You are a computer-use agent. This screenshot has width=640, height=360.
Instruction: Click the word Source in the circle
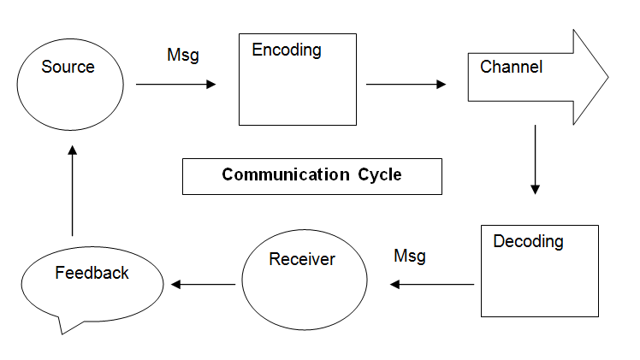[x=68, y=67]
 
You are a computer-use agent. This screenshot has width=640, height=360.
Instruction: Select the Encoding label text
[x=287, y=50]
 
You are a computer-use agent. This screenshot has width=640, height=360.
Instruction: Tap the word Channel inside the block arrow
[x=511, y=67]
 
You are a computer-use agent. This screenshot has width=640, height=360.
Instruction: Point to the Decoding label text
[x=528, y=241]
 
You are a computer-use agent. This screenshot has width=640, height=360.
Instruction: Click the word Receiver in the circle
[x=302, y=259]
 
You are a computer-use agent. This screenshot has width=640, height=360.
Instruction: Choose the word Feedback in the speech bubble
[x=92, y=273]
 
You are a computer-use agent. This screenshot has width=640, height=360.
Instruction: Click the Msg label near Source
[x=182, y=56]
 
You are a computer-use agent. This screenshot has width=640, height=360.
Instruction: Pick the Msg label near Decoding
[x=409, y=256]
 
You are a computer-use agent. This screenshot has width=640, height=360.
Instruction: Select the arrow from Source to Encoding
[x=175, y=84]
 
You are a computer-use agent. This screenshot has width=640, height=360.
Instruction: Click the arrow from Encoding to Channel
[x=406, y=84]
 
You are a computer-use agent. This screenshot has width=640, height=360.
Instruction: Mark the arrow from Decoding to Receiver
[x=432, y=284]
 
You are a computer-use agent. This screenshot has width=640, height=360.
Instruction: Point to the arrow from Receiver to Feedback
[x=204, y=284]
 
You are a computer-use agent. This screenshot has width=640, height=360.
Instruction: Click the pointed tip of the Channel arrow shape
[x=607, y=78]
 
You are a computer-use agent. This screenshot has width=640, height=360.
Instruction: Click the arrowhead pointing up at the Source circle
[x=72, y=150]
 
